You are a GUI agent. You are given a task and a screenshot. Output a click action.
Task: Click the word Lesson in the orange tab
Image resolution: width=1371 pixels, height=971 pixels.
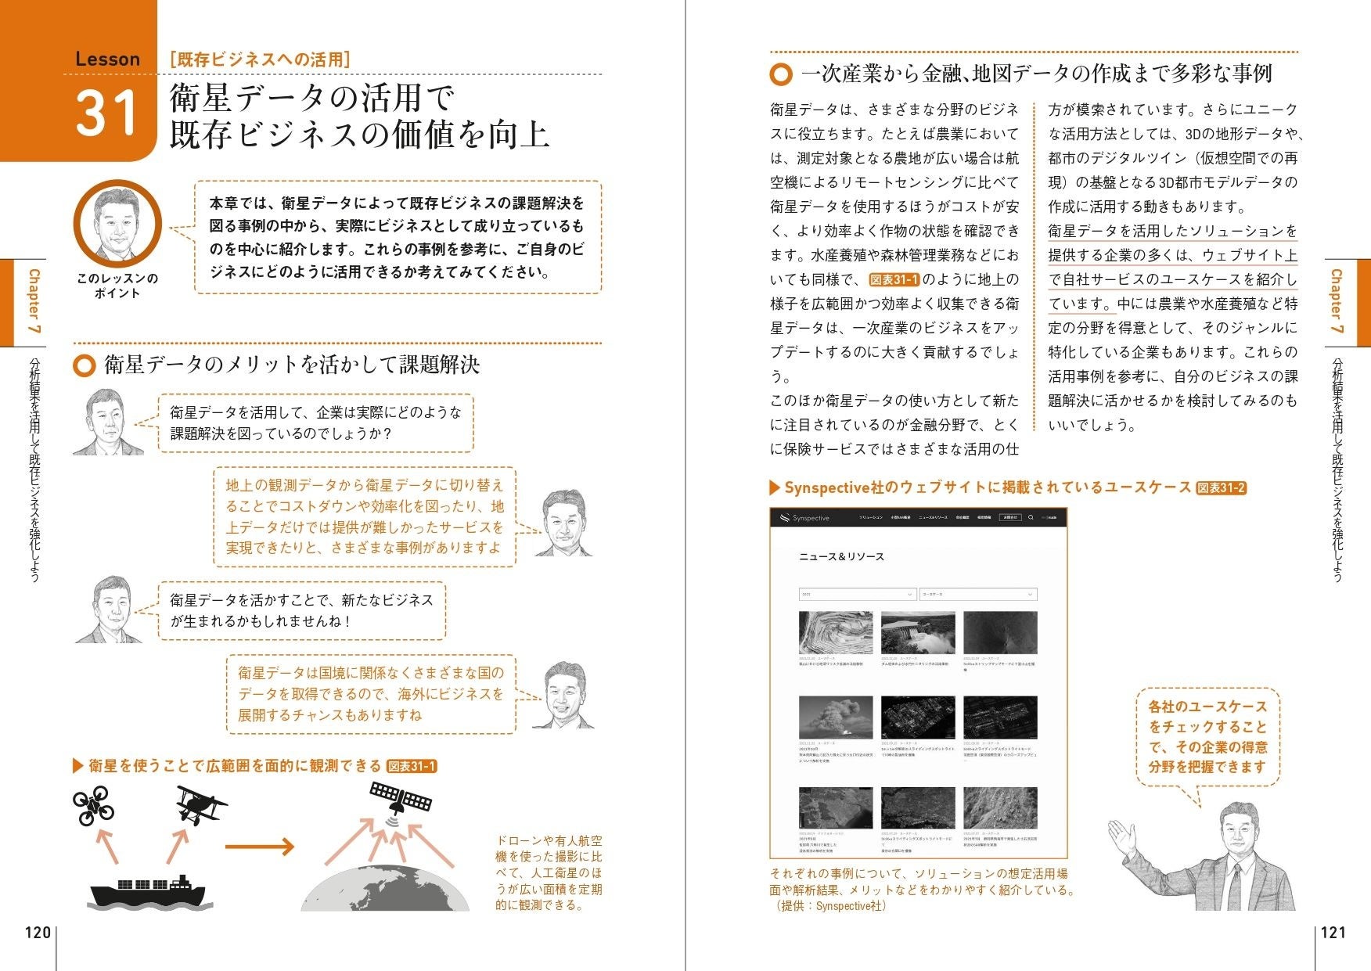coord(107,59)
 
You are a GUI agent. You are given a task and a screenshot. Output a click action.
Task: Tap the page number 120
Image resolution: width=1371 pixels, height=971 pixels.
coord(37,932)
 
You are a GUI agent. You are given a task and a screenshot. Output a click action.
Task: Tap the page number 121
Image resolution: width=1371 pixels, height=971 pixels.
coord(1333,932)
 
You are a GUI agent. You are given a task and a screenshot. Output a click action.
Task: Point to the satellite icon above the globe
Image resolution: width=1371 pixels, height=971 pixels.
coord(401,798)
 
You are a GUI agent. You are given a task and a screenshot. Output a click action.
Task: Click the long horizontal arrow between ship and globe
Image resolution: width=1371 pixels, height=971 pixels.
coord(259,847)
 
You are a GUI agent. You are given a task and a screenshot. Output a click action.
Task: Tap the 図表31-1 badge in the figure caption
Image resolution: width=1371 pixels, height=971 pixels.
coord(412,766)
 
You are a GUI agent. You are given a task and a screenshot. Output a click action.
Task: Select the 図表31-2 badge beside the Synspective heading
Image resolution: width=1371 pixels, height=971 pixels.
coord(1221,488)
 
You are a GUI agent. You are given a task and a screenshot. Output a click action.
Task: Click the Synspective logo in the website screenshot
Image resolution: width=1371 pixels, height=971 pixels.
coord(804,518)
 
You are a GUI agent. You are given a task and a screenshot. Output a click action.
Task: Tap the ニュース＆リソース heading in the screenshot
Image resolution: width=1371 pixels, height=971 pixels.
coord(841,556)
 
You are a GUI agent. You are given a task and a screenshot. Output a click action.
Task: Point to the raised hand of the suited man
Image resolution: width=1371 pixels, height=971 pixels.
coord(1124,836)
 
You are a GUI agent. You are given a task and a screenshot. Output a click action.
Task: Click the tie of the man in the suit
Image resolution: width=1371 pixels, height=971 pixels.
coord(1234,887)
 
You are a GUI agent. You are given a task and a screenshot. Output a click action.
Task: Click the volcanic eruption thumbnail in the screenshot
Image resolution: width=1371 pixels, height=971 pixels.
coord(835,717)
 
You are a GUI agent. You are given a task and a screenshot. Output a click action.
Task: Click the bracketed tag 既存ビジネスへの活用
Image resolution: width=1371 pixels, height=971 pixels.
coord(260,59)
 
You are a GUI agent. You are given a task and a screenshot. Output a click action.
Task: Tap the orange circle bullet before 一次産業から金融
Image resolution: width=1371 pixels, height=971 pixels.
coord(780,74)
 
